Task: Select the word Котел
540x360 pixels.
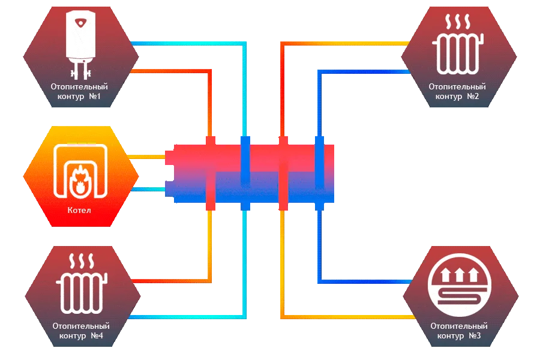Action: [79, 211]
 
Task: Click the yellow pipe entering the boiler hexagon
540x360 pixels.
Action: [147, 157]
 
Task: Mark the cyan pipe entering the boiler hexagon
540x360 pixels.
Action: [147, 190]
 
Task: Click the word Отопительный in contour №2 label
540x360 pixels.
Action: [457, 87]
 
